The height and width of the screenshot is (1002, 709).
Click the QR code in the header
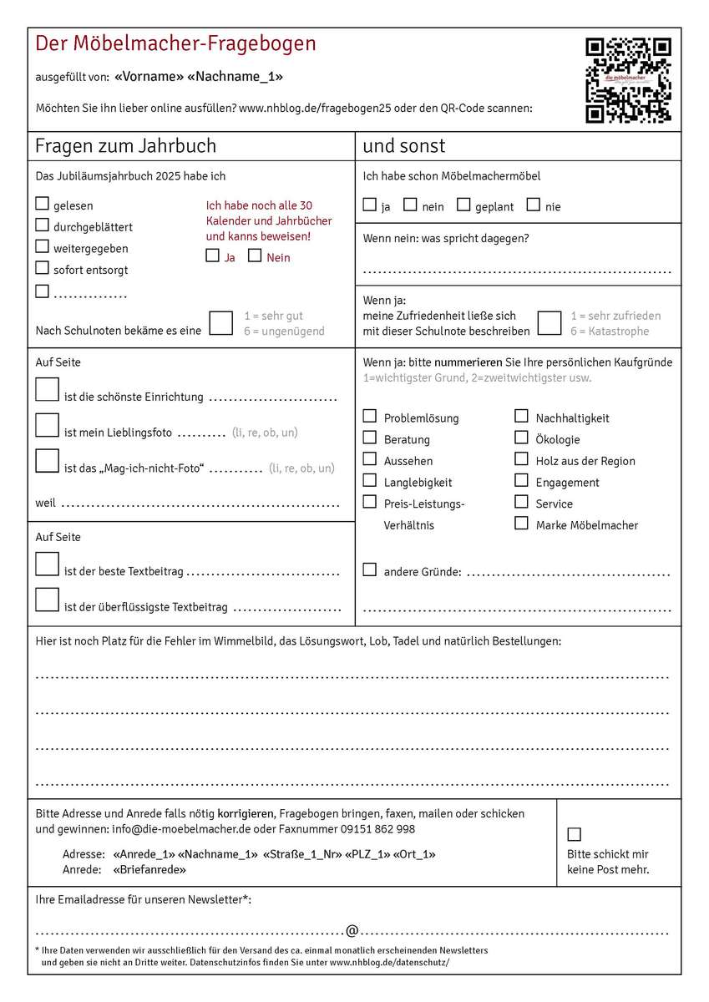tap(628, 80)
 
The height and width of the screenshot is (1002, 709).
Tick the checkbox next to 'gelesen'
tap(43, 203)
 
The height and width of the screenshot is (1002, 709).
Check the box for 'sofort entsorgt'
tap(43, 268)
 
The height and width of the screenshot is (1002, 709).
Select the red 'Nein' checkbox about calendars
tap(255, 256)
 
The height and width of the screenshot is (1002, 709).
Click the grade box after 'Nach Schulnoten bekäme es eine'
tap(221, 323)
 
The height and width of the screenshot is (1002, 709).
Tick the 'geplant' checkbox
tap(463, 205)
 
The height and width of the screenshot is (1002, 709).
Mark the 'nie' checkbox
tap(533, 205)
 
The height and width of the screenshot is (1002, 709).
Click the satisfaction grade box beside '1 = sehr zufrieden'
tap(549, 323)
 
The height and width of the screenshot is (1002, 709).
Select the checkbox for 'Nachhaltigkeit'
tap(521, 416)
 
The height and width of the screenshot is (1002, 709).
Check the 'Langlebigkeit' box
tap(370, 480)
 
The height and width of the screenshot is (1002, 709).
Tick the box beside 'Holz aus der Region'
tap(521, 458)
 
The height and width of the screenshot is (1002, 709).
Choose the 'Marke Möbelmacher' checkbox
tap(521, 524)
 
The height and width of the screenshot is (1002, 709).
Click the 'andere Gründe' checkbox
tap(370, 569)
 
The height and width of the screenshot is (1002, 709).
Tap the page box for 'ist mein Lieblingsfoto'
tap(47, 426)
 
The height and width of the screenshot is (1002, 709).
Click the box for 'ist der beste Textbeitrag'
tap(47, 564)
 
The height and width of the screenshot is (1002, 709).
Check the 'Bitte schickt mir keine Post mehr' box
tap(574, 834)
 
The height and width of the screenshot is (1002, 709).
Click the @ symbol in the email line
tap(352, 930)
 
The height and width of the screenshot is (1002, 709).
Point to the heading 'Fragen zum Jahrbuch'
tap(125, 146)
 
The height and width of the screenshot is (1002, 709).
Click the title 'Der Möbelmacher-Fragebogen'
tap(175, 43)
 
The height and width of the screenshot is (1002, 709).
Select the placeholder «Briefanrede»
tap(149, 869)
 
